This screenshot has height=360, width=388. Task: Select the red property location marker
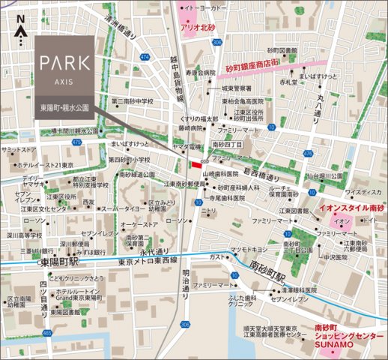pyautogui.click(x=197, y=165)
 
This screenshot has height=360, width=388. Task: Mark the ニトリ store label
pyautogui.click(x=205, y=212)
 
